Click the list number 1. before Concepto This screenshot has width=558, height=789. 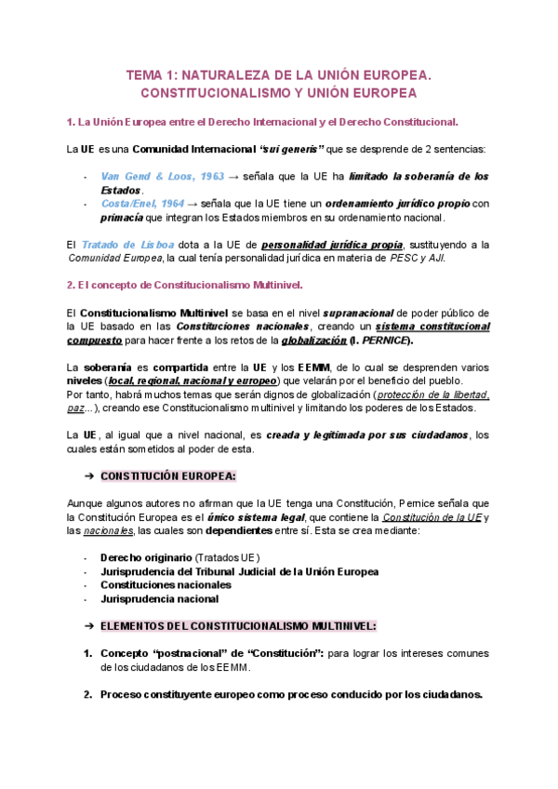pyautogui.click(x=88, y=653)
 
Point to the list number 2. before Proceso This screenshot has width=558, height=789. pyautogui.click(x=88, y=694)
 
